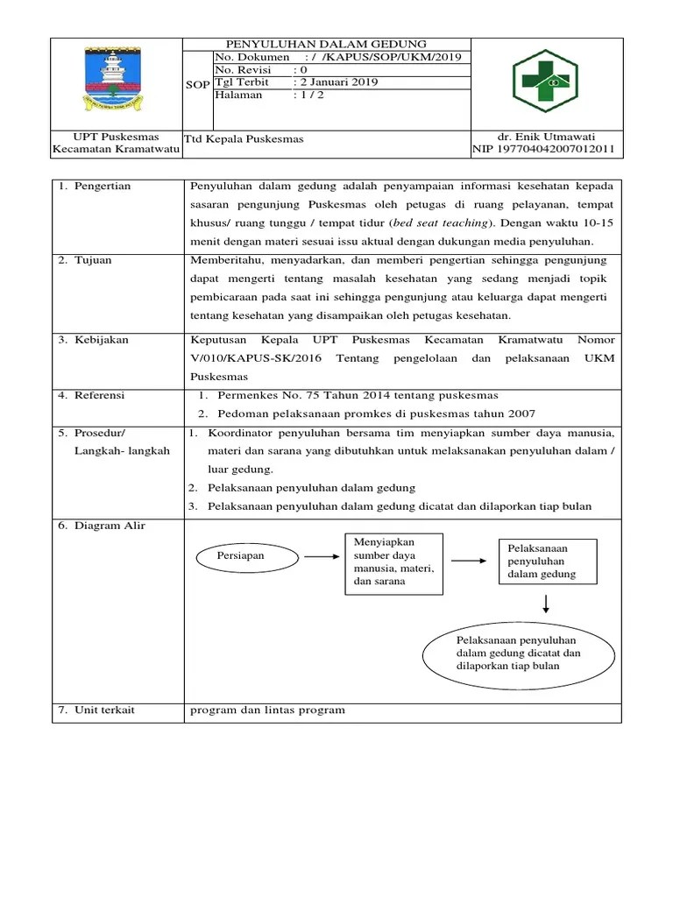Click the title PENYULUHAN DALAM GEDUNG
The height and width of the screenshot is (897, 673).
click(326, 44)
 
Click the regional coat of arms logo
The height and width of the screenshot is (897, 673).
click(116, 82)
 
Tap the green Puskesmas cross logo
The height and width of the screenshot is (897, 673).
click(545, 82)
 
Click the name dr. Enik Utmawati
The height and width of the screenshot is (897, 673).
click(546, 138)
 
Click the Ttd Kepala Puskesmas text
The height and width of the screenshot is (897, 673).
click(244, 139)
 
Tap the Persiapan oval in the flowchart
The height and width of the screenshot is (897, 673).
click(241, 555)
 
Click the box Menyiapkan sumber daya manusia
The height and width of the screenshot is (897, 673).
click(393, 562)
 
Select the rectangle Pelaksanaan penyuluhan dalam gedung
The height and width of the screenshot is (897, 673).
click(548, 562)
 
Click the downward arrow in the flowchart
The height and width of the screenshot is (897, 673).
click(547, 604)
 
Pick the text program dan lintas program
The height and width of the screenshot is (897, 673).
click(267, 710)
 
